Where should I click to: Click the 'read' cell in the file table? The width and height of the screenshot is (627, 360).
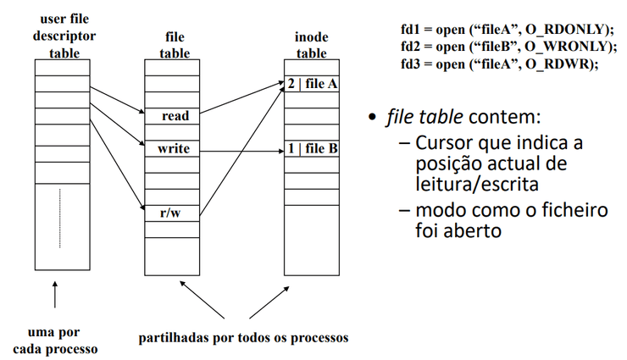pos(173,116)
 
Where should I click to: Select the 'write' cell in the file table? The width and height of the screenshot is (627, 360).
pos(173,149)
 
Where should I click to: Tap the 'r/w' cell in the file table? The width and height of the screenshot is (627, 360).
pos(171,213)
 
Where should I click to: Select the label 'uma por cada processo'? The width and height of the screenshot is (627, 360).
pos(53,341)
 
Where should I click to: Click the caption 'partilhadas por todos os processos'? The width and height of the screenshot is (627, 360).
pos(243,337)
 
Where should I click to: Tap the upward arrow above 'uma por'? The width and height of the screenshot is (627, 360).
pos(55,296)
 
